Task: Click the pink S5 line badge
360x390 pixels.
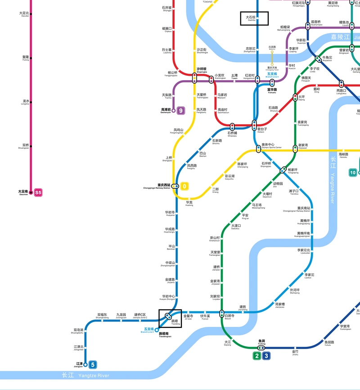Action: [x=38, y=193]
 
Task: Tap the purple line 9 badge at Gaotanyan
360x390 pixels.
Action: [x=181, y=110]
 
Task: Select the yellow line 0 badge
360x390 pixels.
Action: [x=184, y=186]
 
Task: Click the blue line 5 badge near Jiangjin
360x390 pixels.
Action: [x=93, y=365]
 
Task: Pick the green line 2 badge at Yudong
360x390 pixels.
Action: [x=257, y=356]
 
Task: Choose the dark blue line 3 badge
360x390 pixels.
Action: [x=266, y=356]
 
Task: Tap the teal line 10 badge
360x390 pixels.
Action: [x=353, y=172]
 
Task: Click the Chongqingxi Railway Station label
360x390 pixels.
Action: [x=157, y=186]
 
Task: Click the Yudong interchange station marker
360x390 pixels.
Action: [x=261, y=348]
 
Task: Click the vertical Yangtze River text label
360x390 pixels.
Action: [x=333, y=181]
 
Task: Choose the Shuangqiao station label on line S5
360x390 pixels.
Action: [x=26, y=146]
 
